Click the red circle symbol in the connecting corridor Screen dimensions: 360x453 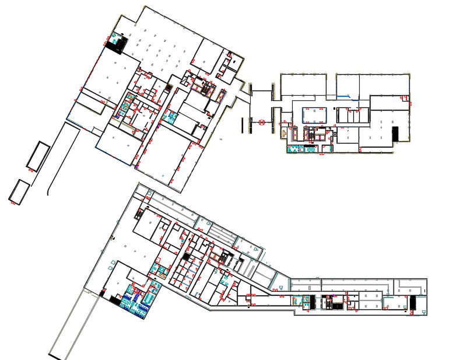[262, 123]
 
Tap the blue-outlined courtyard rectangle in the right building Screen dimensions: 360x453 [314, 115]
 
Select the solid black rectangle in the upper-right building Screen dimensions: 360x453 [395, 134]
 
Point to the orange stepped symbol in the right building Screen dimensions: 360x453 [284, 134]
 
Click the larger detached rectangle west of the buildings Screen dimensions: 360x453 [37, 156]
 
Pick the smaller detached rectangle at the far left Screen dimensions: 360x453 [19, 191]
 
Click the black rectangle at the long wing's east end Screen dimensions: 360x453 [413, 303]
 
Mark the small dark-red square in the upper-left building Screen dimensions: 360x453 [169, 87]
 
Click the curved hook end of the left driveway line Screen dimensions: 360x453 [48, 190]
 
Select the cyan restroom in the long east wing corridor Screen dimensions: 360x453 [304, 300]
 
